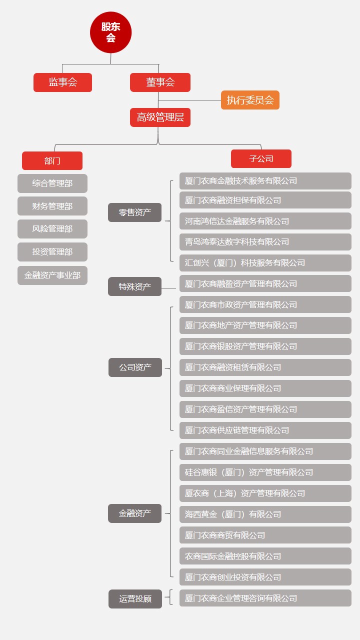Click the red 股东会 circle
[111, 32]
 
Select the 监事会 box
[62, 82]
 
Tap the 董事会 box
[160, 82]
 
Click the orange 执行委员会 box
[250, 100]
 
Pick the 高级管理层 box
[160, 117]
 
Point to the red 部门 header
[52, 160]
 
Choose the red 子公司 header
[261, 158]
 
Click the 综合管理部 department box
[52, 183]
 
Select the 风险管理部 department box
[52, 229]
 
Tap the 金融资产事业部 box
[52, 275]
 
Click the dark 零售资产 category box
[134, 212]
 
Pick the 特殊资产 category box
[134, 286]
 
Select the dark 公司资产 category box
[135, 367]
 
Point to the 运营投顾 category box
[135, 598]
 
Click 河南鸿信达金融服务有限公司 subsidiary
[265, 221]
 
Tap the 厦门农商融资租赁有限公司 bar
[265, 367]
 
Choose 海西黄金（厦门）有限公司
[265, 514]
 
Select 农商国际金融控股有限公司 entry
[265, 556]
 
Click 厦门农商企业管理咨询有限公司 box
[265, 598]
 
